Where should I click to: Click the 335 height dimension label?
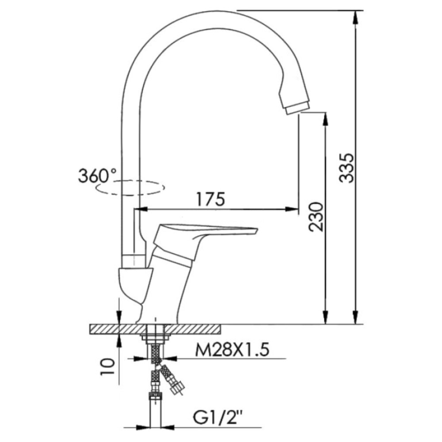(349, 168)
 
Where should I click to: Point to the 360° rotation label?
(95, 176)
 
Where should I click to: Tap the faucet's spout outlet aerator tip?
(297, 107)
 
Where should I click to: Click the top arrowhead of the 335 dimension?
(355, 16)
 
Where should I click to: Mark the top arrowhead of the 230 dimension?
(325, 118)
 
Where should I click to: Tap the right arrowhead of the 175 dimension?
(293, 209)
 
